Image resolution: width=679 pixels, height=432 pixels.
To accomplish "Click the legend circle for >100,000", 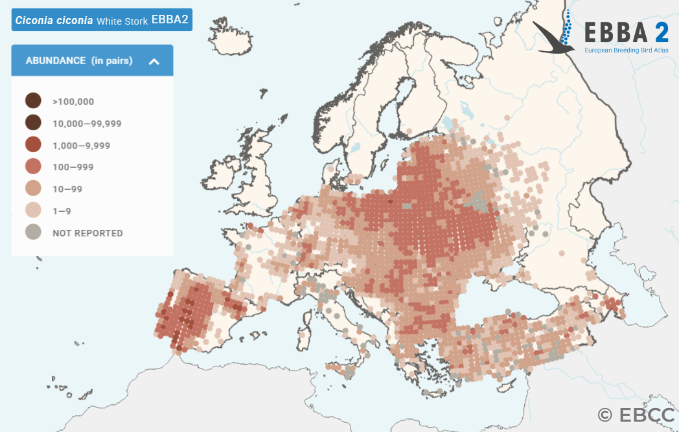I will [x=33, y=101].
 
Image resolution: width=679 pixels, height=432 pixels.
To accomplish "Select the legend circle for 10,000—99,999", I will [x=33, y=123].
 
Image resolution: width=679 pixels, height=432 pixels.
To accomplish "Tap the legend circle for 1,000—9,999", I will [x=33, y=145].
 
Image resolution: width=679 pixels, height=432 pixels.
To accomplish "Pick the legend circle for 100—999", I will [x=33, y=167].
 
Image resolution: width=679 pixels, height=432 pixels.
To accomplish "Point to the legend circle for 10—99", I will [x=33, y=189].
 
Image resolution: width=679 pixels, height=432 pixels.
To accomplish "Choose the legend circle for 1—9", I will [x=33, y=211].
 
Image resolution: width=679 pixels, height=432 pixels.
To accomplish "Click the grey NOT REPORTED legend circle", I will [x=33, y=233].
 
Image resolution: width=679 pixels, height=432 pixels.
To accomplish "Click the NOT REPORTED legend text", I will [x=87, y=233].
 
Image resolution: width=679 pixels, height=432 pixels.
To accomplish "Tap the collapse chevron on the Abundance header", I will [x=154, y=61].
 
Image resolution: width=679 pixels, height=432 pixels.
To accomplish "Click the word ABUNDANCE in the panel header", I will [x=56, y=61].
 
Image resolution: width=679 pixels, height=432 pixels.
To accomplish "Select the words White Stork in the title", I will [x=122, y=21].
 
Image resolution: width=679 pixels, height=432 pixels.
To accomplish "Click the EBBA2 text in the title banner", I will [x=170, y=20].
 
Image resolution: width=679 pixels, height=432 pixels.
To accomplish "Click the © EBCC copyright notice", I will [x=636, y=415].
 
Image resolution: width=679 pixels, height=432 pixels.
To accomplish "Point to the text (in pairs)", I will [x=112, y=61].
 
